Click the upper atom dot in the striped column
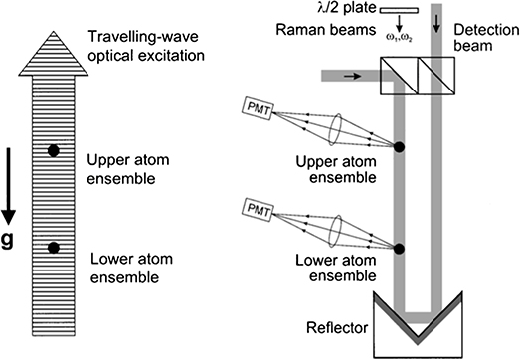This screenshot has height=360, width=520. coord(54,151)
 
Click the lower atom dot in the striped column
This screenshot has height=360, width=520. coord(54,247)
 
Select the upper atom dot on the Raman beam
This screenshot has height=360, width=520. coord(399,148)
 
